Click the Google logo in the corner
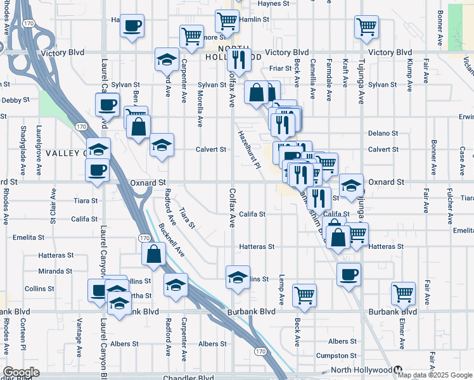coord(21,372)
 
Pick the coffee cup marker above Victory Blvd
coord(132,27)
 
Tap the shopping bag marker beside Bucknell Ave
coord(154,255)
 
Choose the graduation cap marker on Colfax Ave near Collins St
coord(238,278)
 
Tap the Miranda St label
coord(54,270)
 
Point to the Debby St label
coord(11,100)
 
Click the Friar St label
coord(279,68)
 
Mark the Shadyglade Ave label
coord(23,155)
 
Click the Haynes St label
coord(273,3)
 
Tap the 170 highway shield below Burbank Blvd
coord(260,350)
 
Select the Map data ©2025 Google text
coord(435,375)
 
